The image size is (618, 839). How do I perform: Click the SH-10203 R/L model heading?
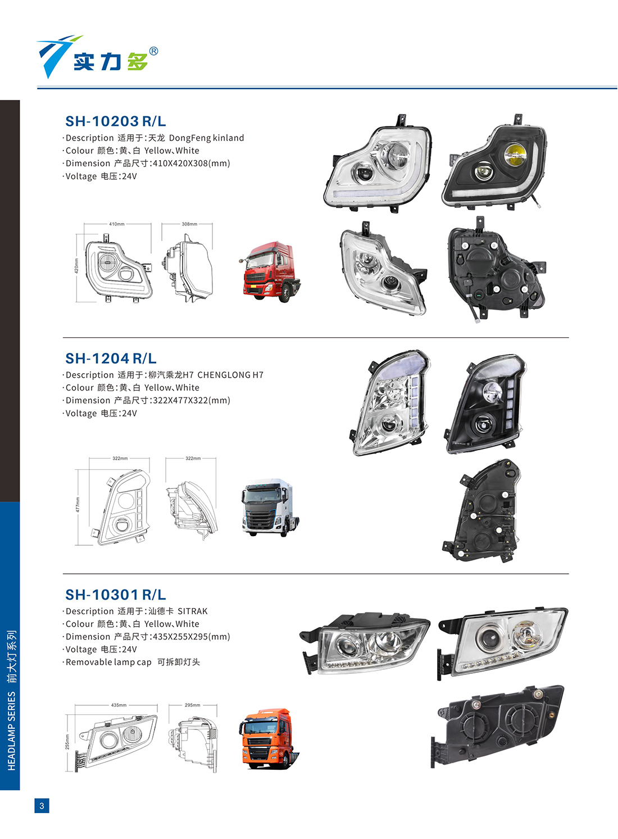[115, 121]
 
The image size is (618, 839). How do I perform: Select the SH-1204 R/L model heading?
[111, 359]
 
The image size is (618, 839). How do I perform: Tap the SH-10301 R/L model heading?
[115, 595]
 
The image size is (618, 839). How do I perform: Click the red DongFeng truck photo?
[269, 271]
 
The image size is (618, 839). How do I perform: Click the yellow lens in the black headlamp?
[515, 155]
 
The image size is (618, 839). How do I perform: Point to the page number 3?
[42, 806]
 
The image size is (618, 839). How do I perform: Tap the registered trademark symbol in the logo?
[153, 51]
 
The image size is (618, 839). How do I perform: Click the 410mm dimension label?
[116, 224]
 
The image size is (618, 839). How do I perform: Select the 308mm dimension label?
[189, 224]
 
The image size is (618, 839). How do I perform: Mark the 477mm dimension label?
[78, 505]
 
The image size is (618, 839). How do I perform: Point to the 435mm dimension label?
[119, 705]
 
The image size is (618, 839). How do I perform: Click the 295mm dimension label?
[193, 705]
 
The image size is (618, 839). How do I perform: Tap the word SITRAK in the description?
[193, 611]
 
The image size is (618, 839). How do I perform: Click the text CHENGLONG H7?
[230, 375]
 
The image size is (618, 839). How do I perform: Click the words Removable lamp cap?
[108, 663]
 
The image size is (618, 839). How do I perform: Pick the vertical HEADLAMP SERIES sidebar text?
[12, 701]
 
